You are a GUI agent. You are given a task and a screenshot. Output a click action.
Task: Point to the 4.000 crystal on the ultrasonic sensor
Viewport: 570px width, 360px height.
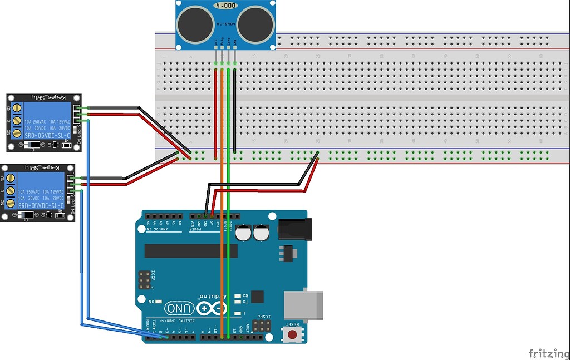[x=225, y=6]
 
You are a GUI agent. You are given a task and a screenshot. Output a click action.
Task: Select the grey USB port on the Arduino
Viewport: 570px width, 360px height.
[x=303, y=304]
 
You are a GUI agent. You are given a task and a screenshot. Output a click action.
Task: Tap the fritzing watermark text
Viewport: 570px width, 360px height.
[x=548, y=353]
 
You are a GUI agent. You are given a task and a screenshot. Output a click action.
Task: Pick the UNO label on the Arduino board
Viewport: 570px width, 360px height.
[x=179, y=308]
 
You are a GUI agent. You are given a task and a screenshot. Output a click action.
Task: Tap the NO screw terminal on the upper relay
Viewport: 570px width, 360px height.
[x=17, y=108]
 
